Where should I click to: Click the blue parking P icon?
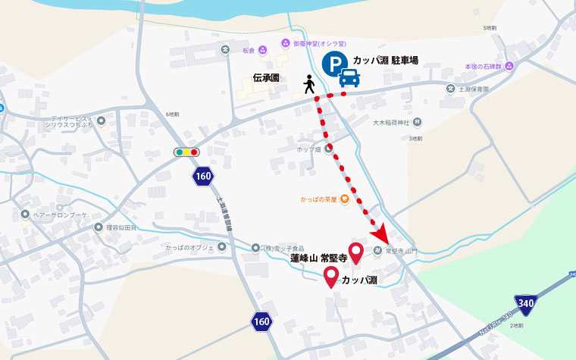(x=333, y=65)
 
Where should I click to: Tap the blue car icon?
(x=349, y=77)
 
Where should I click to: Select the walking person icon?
(x=309, y=84)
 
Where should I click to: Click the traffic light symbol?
(x=186, y=152)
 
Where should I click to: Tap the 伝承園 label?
(x=267, y=77)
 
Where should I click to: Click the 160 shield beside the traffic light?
(x=202, y=177)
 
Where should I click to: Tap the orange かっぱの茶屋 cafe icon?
(x=343, y=199)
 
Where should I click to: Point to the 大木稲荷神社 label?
(x=391, y=122)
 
